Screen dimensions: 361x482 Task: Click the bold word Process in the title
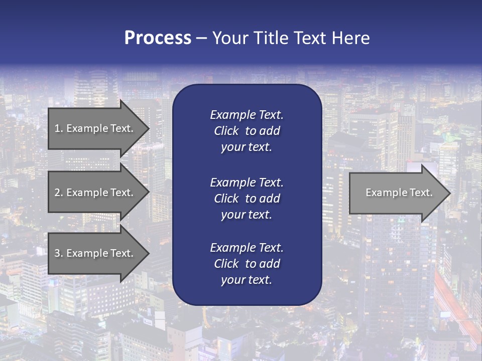[x=158, y=38]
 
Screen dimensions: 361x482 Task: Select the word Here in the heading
[x=351, y=38]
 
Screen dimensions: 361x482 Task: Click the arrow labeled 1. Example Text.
[x=95, y=128]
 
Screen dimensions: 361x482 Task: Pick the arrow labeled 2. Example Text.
[x=95, y=193]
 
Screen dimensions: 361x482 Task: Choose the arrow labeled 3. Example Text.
[x=95, y=253]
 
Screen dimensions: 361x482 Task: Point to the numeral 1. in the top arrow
[x=59, y=128]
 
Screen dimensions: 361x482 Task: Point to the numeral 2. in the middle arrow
[x=59, y=193]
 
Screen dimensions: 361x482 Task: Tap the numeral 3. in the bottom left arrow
[x=59, y=253]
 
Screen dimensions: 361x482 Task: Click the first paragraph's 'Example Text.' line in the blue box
[x=247, y=115]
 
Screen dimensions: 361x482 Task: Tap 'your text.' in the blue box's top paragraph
[x=247, y=147]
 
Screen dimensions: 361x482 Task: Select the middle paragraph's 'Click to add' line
[x=247, y=199]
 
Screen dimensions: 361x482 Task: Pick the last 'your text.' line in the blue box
[x=247, y=280]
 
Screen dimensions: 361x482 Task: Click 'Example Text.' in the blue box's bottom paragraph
[x=247, y=248]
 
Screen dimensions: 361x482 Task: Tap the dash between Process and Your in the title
[x=201, y=38]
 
